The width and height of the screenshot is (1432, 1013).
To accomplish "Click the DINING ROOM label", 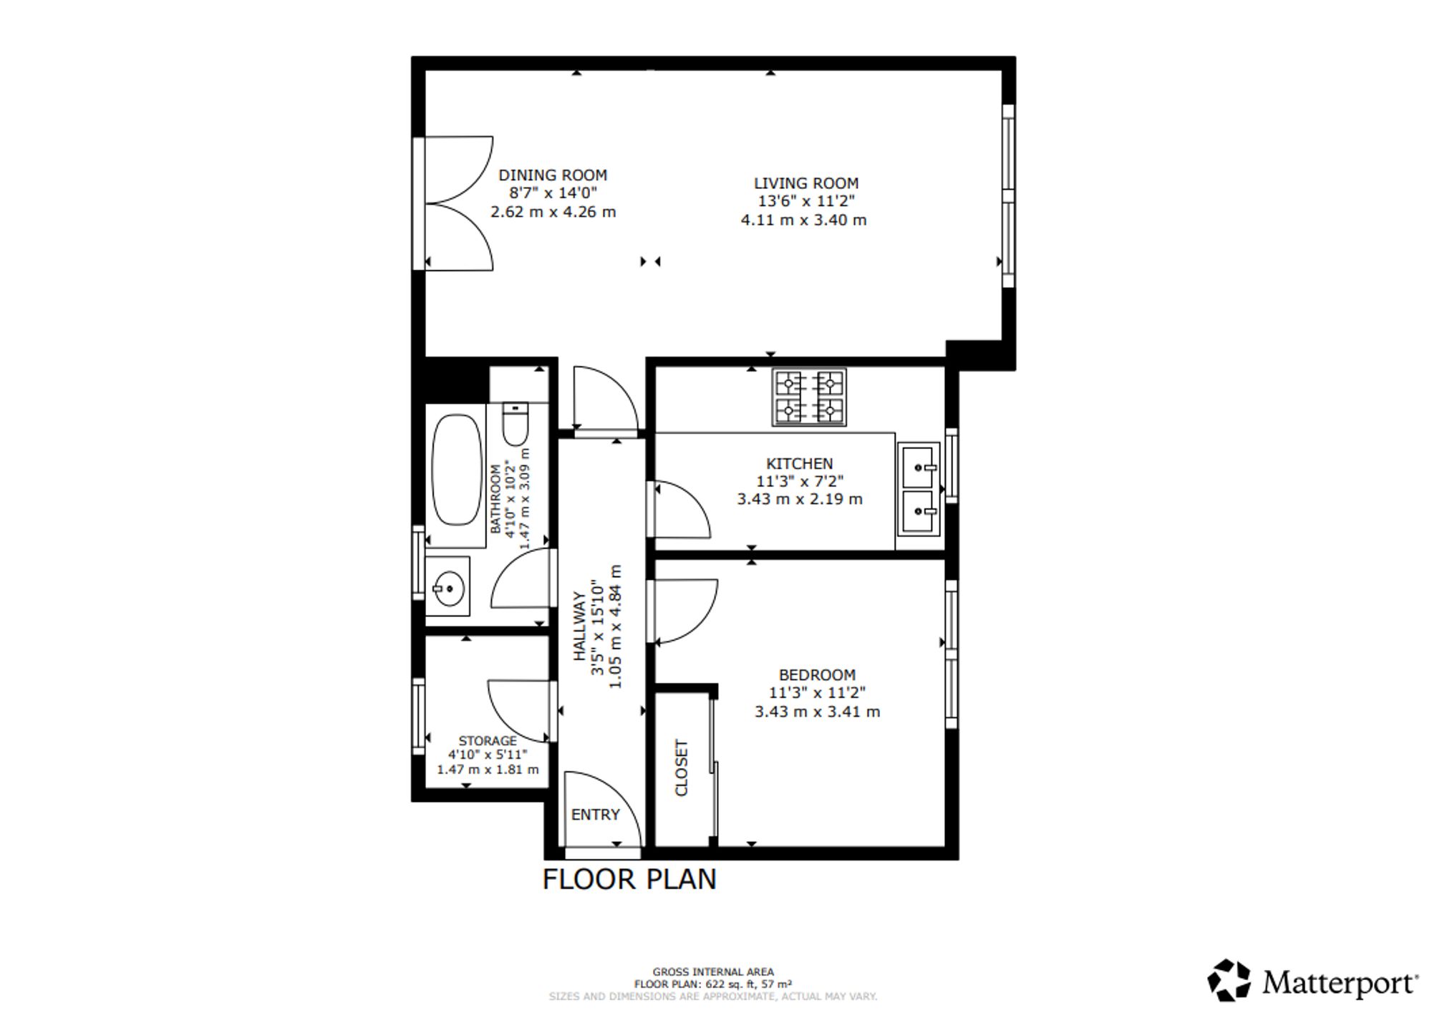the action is pyautogui.click(x=553, y=175).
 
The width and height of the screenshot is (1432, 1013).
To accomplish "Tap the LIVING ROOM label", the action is pyautogui.click(x=806, y=183).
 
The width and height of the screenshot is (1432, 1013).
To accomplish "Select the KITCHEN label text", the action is pyautogui.click(x=800, y=464).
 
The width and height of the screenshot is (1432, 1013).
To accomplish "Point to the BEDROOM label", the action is pyautogui.click(x=817, y=675).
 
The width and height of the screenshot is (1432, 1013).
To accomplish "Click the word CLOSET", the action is pyautogui.click(x=682, y=768).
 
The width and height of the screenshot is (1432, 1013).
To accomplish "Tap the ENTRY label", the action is pyautogui.click(x=595, y=815).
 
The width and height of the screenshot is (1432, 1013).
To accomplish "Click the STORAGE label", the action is pyautogui.click(x=488, y=741).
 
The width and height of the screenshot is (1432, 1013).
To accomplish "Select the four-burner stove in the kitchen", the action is pyautogui.click(x=809, y=397).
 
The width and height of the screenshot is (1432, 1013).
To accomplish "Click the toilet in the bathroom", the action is pyautogui.click(x=515, y=424).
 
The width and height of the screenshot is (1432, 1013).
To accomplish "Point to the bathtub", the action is pyautogui.click(x=458, y=470).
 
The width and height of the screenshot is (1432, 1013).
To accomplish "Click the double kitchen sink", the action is pyautogui.click(x=918, y=489).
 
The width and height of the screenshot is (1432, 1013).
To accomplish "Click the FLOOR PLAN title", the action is pyautogui.click(x=629, y=880).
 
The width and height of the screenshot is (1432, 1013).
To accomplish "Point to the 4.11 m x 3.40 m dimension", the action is pyautogui.click(x=803, y=220).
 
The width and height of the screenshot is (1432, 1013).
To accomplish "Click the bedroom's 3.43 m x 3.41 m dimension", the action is pyautogui.click(x=817, y=712).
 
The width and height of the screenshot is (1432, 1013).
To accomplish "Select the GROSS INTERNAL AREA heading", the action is pyautogui.click(x=713, y=972).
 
